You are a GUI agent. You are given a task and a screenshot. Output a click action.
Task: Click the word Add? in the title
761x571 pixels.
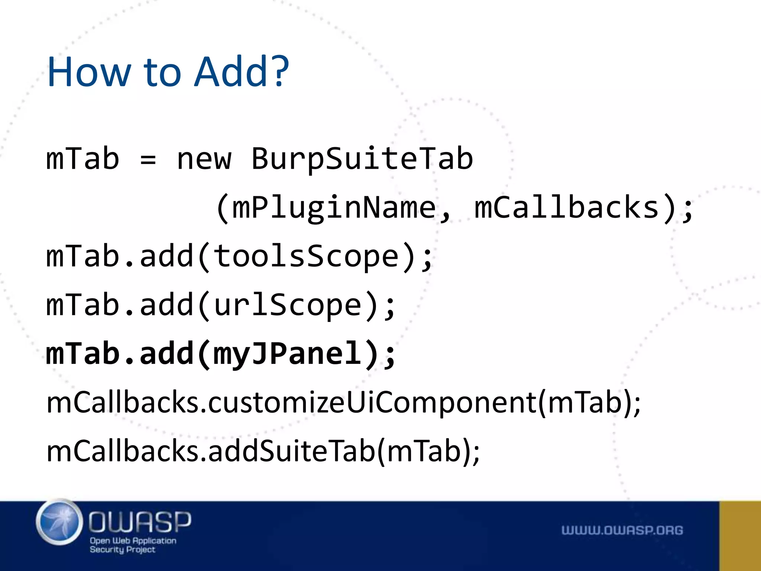click(242, 71)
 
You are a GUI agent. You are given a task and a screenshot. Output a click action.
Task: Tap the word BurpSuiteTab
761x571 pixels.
click(362, 159)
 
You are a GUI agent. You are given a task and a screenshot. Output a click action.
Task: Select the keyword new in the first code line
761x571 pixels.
click(204, 159)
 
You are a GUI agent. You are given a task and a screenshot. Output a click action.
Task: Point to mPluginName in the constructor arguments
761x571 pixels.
click(334, 207)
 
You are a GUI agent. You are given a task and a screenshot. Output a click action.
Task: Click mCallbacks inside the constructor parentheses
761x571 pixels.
click(567, 207)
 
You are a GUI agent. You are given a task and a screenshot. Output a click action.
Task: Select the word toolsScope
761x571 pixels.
click(307, 256)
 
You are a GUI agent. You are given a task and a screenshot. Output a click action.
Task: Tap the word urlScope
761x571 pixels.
click(288, 305)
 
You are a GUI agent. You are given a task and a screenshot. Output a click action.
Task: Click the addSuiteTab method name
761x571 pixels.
click(292, 451)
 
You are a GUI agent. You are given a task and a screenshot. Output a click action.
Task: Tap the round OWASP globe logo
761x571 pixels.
click(59, 522)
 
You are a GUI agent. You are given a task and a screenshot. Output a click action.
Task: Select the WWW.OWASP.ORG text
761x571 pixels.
click(622, 530)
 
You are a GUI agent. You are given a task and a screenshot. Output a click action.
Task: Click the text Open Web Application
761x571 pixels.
click(133, 541)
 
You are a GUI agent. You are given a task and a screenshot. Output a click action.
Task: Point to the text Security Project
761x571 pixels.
click(122, 549)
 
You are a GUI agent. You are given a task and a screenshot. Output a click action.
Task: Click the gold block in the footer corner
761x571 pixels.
click(740, 536)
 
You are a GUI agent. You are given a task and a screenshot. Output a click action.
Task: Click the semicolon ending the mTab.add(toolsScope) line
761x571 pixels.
click(427, 258)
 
